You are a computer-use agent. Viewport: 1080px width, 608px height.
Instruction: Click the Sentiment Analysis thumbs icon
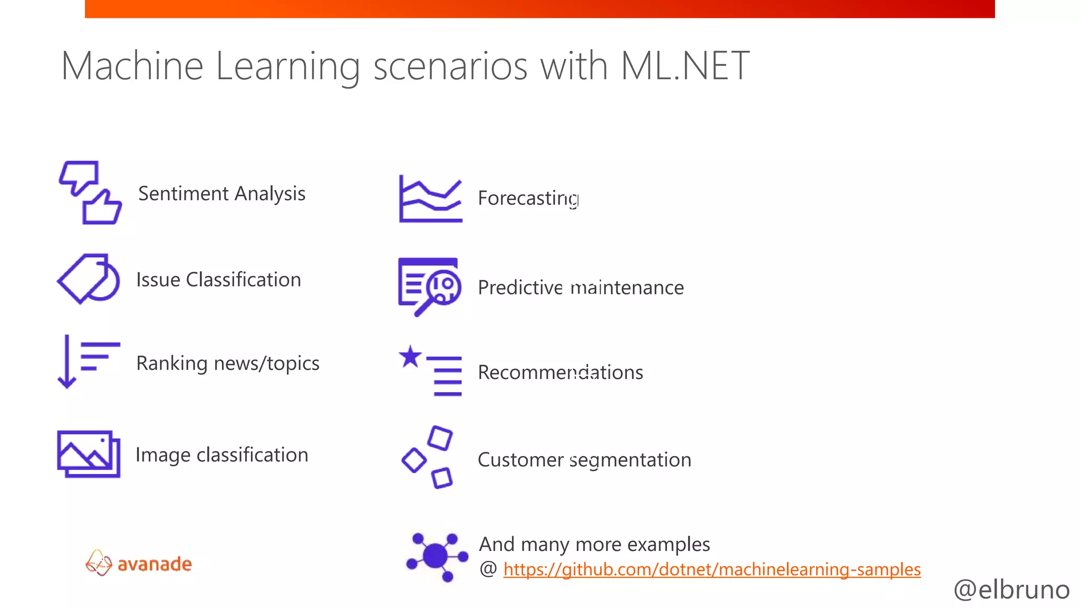tap(90, 193)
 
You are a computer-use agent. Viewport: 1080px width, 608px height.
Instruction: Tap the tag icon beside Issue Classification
tap(88, 279)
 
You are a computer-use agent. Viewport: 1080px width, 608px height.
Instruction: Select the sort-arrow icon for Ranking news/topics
tap(87, 362)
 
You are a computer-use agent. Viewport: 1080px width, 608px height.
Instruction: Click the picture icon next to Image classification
tap(89, 454)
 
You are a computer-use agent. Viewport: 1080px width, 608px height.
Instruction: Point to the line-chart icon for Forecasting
tap(430, 199)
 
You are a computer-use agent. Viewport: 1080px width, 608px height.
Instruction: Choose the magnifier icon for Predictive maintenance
tap(429, 286)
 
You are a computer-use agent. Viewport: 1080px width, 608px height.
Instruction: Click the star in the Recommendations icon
tap(410, 357)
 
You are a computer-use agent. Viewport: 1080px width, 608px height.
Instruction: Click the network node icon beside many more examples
tap(436, 556)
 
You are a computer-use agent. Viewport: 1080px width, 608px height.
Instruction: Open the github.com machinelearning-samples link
tap(711, 569)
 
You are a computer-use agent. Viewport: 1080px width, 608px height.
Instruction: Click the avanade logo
tap(139, 563)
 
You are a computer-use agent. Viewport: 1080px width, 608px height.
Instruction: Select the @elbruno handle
tap(1011, 590)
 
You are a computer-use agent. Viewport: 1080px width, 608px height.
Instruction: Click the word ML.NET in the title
tap(684, 66)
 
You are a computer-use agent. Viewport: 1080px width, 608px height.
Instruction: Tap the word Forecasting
tap(528, 198)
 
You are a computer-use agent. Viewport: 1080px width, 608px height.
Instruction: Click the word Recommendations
tap(560, 373)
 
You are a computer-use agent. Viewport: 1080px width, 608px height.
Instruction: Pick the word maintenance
tap(627, 288)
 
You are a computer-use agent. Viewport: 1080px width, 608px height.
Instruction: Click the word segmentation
tap(630, 460)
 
